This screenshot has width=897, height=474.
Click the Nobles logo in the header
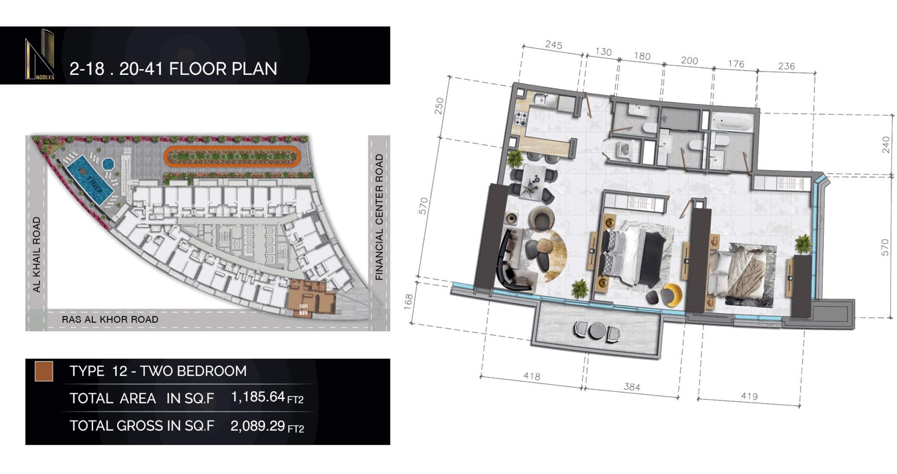coord(40,55)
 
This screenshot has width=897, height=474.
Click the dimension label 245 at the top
coord(553,45)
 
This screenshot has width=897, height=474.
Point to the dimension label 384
coord(631,387)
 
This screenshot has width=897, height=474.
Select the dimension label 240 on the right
coord(886,145)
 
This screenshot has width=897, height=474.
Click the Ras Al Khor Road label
coord(110,319)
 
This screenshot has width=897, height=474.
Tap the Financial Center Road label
coord(379,217)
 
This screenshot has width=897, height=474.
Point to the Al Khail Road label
coord(37,254)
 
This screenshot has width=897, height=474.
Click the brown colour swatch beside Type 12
coord(44,371)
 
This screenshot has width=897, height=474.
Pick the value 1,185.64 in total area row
coord(258,397)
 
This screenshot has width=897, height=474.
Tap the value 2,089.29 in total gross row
coord(258,425)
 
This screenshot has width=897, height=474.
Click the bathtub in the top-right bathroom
coord(732,122)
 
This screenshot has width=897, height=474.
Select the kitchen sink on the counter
coord(544,100)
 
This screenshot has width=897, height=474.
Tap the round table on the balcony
coord(595,330)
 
